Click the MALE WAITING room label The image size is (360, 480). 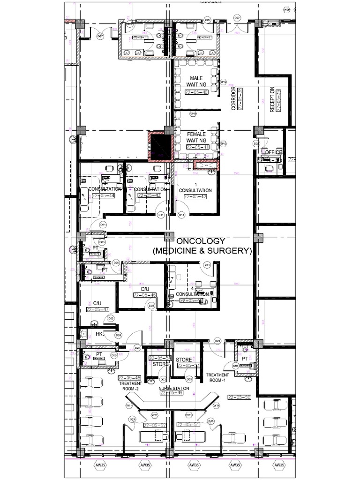pyautogui.click(x=196, y=81)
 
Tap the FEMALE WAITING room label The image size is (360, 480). pyautogui.click(x=196, y=137)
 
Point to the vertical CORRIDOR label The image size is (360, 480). pyautogui.click(x=233, y=98)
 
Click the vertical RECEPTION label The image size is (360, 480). pyautogui.click(x=272, y=99)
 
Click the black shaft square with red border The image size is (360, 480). pyautogui.click(x=161, y=146)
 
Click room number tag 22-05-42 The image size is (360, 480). pyautogui.click(x=196, y=197)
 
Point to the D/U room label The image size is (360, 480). pyautogui.click(x=145, y=289)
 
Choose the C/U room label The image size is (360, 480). pyautogui.click(x=97, y=303)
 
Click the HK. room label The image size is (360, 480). pyautogui.click(x=99, y=334)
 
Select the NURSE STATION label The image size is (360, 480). pyautogui.click(x=174, y=389)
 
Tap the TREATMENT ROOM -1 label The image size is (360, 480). pyautogui.click(x=218, y=378)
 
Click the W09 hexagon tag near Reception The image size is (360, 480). pyautogui.click(x=287, y=10)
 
